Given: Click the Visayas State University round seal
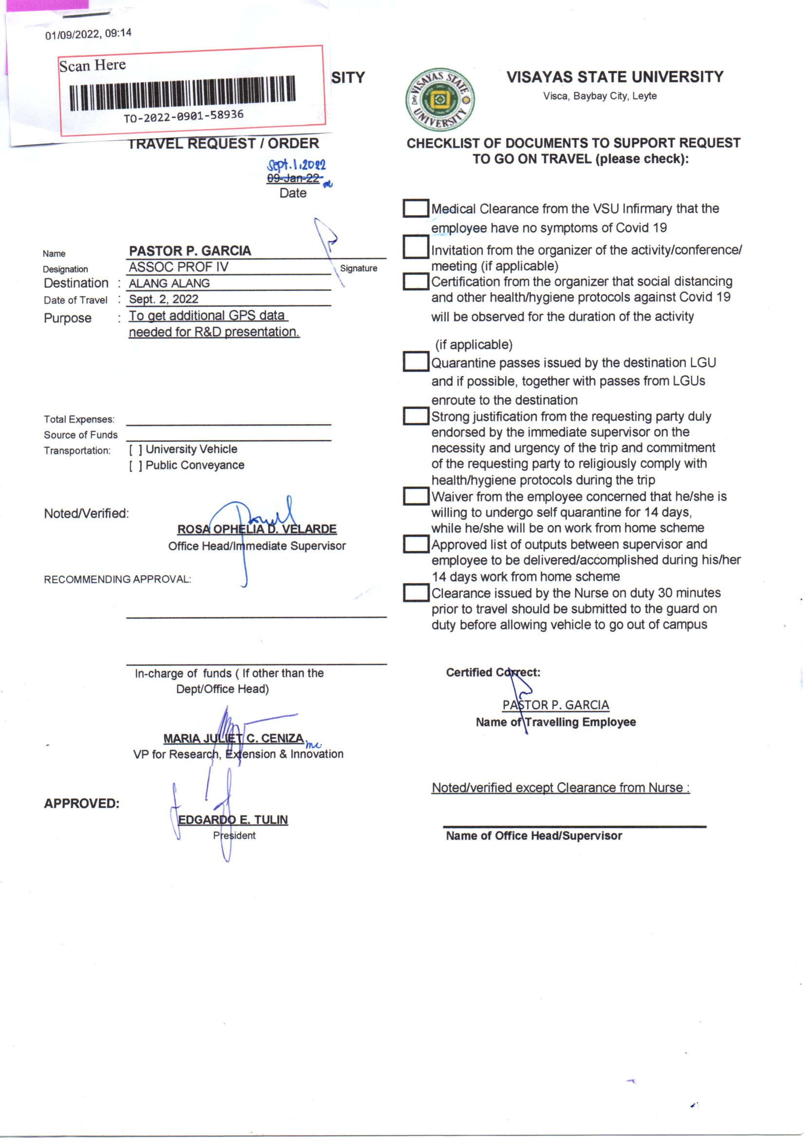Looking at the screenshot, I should (439, 100).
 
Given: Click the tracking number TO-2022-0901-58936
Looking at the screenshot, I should (183, 116).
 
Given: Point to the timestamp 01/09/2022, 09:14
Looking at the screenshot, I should (88, 34).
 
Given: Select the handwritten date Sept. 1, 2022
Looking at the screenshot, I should (296, 165).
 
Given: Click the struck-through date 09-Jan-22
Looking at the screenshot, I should (293, 179).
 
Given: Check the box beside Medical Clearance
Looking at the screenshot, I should (415, 208).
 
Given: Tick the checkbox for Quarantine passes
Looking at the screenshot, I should (415, 361).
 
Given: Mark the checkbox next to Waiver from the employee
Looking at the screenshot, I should (415, 496).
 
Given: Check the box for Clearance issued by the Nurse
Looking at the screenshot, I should (415, 592).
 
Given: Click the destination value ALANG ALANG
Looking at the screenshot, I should (169, 283).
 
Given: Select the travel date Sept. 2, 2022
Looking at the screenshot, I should (164, 299).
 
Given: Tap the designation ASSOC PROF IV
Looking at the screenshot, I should (179, 267).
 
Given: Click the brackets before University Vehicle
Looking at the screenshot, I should (136, 450).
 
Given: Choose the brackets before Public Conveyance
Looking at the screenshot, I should (136, 466).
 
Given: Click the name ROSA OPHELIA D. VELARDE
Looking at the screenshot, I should (257, 530).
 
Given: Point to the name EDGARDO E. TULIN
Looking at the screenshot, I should (233, 820).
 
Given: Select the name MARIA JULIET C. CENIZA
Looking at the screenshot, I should (234, 738).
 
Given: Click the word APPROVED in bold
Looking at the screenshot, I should (82, 804).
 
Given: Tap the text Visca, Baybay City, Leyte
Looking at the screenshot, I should (600, 96).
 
